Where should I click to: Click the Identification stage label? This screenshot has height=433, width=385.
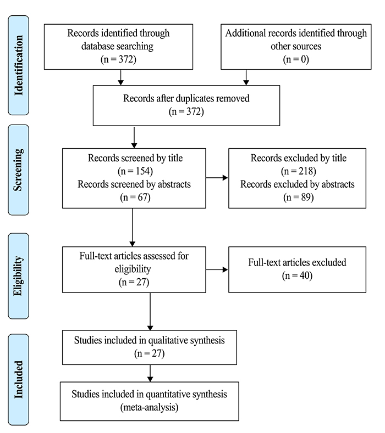(x=19, y=65)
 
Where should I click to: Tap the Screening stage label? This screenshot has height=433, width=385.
(x=19, y=170)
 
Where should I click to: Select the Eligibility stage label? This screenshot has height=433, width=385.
(x=19, y=276)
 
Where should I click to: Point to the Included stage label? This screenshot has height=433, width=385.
(x=19, y=379)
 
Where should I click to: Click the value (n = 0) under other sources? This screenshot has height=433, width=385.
(x=296, y=59)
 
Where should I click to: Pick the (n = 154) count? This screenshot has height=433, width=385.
(x=135, y=171)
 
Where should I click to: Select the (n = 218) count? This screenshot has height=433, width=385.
(x=298, y=171)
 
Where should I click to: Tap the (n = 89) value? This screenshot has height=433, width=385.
(x=298, y=198)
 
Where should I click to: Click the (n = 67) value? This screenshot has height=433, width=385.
(x=135, y=198)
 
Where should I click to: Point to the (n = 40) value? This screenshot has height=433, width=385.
(x=297, y=275)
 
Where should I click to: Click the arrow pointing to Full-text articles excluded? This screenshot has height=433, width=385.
(x=217, y=269)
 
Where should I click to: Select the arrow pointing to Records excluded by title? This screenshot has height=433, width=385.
(x=217, y=178)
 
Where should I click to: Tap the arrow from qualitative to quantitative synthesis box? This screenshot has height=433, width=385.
(x=150, y=373)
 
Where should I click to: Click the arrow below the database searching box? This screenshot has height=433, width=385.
(x=120, y=77)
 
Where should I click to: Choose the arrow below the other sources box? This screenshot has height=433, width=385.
(x=246, y=77)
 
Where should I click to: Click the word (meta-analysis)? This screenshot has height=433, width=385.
(x=150, y=407)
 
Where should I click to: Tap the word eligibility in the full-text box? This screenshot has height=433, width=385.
(x=133, y=269)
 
